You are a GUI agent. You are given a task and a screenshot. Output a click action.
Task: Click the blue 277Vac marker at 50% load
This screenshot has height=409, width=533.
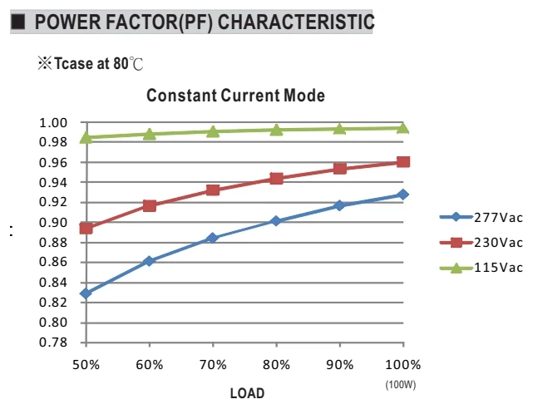pyautogui.click(x=86, y=293)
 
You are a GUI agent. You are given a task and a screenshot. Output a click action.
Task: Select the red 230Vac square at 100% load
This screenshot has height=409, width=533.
pyautogui.click(x=403, y=162)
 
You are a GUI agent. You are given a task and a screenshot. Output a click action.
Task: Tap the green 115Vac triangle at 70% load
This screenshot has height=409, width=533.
pyautogui.click(x=213, y=131)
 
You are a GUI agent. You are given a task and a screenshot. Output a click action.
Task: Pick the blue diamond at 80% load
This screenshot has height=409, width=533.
pyautogui.click(x=276, y=221)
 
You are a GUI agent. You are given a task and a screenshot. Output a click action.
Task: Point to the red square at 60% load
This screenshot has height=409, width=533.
pyautogui.click(x=150, y=206)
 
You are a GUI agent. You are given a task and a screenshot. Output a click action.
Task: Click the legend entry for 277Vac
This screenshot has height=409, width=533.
pyautogui.click(x=481, y=218)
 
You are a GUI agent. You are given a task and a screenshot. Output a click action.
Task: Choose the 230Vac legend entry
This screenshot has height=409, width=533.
pyautogui.click(x=481, y=243)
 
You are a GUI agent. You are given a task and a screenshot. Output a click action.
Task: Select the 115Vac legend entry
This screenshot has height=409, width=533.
pyautogui.click(x=481, y=268)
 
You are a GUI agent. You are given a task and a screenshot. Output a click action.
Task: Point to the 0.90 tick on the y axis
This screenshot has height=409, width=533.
pyautogui.click(x=53, y=223)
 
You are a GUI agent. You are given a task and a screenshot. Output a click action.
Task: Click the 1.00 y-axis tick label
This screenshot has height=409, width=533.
pyautogui.click(x=53, y=123)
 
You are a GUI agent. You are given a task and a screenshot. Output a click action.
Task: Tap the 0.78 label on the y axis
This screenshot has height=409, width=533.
pyautogui.click(x=53, y=342)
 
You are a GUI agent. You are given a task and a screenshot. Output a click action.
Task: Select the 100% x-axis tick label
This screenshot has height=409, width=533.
pyautogui.click(x=403, y=365)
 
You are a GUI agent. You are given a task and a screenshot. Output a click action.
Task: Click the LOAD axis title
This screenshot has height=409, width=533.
pyautogui.click(x=247, y=393)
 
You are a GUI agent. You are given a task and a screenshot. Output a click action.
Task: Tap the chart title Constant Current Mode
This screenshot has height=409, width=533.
pyautogui.click(x=235, y=96)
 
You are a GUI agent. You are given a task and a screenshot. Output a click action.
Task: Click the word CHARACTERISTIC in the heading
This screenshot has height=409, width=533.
pyautogui.click(x=296, y=22)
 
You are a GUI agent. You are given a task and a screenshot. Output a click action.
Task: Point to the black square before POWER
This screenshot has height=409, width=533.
pyautogui.click(x=17, y=22)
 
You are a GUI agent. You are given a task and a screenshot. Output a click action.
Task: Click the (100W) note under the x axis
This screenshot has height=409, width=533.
pyautogui.click(x=401, y=385)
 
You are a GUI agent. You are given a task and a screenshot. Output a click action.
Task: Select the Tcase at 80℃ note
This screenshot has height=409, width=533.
pyautogui.click(x=91, y=63)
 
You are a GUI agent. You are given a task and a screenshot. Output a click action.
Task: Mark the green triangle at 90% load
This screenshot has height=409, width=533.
pyautogui.click(x=339, y=129)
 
